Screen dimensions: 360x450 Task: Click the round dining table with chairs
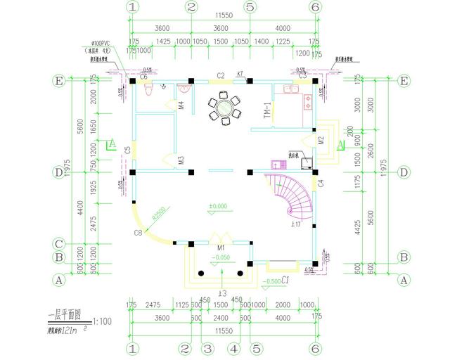point(224,108)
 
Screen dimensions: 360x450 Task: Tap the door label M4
point(181,106)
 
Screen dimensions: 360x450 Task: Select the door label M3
point(181,161)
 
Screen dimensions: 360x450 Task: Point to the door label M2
point(321,139)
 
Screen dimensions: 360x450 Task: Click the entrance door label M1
point(220,248)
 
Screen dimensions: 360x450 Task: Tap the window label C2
point(220,75)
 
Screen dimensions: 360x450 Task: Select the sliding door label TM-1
point(266,111)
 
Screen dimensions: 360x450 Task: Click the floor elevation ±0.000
point(218,206)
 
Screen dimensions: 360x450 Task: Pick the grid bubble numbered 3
point(207,348)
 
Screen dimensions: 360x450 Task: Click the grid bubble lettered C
point(60,245)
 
